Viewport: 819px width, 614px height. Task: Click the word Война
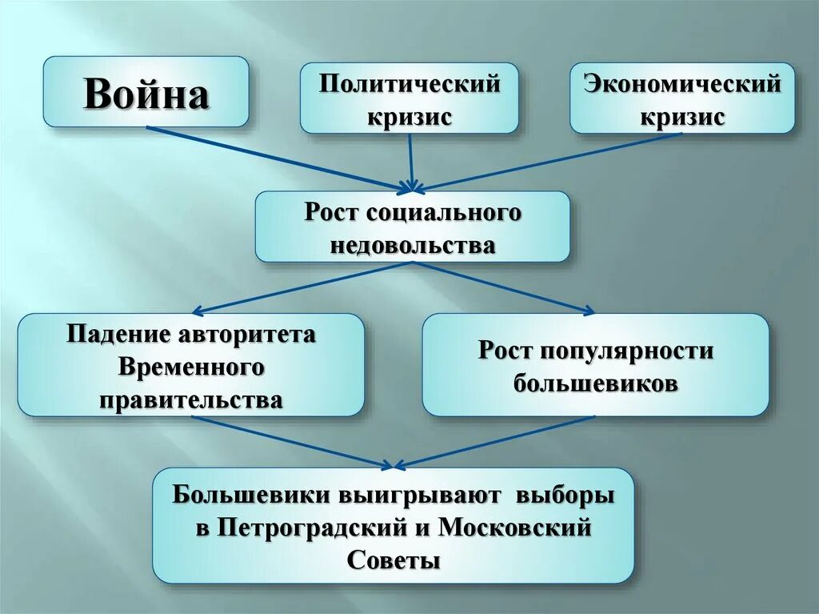click(146, 94)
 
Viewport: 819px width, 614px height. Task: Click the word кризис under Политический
click(409, 117)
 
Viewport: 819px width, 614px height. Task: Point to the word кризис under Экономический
click(681, 117)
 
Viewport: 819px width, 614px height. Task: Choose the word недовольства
click(413, 245)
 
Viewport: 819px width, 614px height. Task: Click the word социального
click(445, 213)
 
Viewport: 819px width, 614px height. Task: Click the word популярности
click(629, 351)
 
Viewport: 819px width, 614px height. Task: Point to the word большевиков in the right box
click(596, 383)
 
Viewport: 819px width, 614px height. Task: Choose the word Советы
click(394, 560)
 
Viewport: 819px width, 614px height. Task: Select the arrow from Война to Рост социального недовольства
click(280, 158)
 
